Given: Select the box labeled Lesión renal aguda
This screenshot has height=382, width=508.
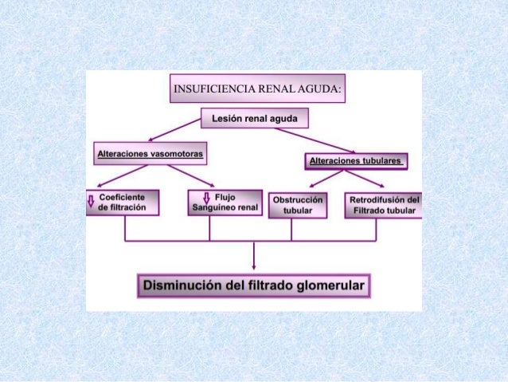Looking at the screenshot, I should (x=254, y=119).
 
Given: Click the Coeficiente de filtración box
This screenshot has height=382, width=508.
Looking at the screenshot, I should (x=123, y=203).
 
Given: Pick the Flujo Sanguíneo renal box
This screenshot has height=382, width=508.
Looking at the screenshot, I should (x=225, y=203).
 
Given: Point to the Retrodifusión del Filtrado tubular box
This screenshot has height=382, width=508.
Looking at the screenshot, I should (x=385, y=205).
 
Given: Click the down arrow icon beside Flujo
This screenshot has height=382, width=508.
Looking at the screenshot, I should (x=207, y=198).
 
